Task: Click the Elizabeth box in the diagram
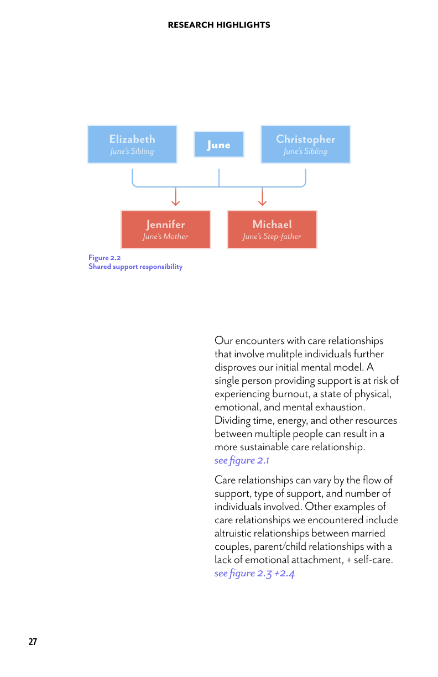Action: click(132, 144)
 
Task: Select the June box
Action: click(219, 144)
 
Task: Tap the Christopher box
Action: click(306, 144)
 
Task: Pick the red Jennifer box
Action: click(166, 230)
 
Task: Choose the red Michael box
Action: click(272, 230)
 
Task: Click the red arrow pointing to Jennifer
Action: click(176, 196)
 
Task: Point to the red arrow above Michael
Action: click(262, 196)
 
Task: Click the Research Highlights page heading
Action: click(219, 25)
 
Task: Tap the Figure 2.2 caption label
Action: click(105, 258)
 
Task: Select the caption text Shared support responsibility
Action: click(135, 267)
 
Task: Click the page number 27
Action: click(33, 642)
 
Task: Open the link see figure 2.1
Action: click(242, 460)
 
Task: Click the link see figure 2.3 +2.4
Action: click(254, 573)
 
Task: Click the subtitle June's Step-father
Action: click(272, 236)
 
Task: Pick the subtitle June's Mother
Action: click(166, 236)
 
